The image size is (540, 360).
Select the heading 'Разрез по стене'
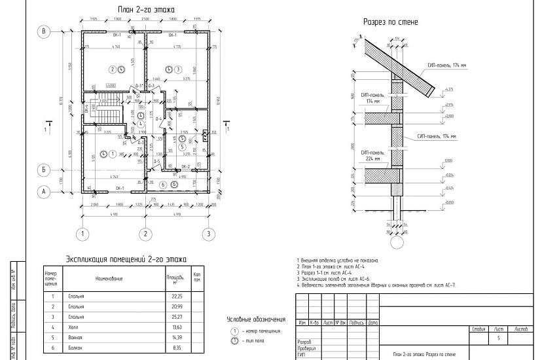[391, 22]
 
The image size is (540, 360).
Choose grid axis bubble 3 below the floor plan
[208, 233]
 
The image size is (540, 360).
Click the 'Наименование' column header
[109, 279]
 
